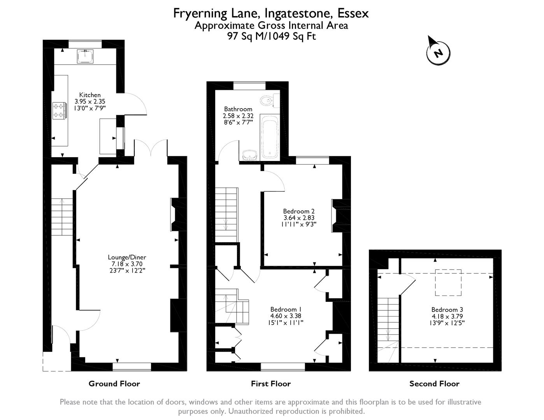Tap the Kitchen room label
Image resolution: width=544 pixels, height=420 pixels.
(x=90, y=95)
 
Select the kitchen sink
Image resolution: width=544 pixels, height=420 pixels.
(x=85, y=56)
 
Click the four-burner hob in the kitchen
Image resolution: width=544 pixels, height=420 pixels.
(x=60, y=110)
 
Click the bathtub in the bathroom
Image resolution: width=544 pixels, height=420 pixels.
(x=270, y=137)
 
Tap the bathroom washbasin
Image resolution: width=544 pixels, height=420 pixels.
(x=249, y=155)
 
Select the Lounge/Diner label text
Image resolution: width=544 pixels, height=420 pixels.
(x=127, y=257)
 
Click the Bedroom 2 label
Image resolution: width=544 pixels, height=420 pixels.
(x=299, y=211)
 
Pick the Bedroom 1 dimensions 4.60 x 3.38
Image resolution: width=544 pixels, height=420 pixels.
(x=286, y=316)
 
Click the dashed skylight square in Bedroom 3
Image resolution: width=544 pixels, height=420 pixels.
(x=448, y=282)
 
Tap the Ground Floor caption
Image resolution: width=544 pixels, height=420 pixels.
(x=114, y=384)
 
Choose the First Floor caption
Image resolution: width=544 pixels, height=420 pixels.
(x=271, y=384)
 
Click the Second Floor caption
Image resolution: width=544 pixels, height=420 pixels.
(x=434, y=384)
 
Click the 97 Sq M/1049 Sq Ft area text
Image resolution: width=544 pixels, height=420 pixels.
(x=271, y=37)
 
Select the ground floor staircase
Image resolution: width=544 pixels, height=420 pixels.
(x=62, y=217)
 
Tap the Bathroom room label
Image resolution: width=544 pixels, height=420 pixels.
(x=238, y=109)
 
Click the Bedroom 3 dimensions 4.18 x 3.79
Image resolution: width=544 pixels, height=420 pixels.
(x=447, y=316)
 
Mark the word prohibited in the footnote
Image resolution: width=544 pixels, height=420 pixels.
(x=346, y=411)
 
